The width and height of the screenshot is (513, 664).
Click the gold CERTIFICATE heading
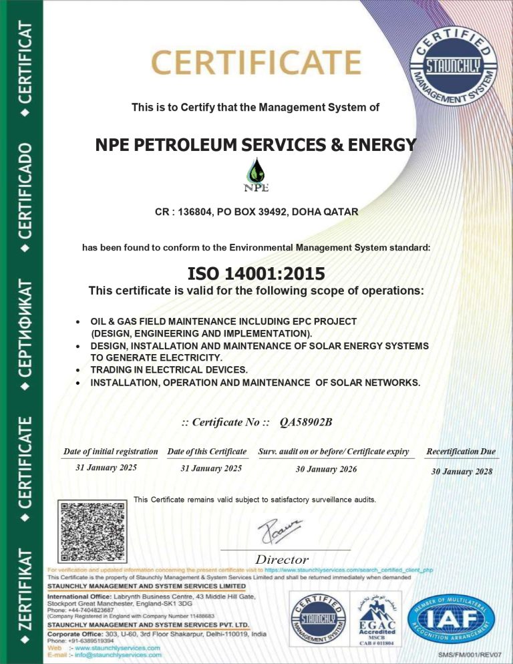(256, 63)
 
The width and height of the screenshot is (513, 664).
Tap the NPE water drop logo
(256, 173)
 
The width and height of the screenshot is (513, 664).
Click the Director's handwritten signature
(281, 530)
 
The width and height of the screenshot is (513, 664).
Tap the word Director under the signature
(282, 559)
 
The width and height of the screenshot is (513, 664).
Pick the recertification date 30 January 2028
(462, 471)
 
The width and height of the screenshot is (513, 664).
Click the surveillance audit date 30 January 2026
(326, 469)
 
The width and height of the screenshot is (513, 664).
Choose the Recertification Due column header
(461, 452)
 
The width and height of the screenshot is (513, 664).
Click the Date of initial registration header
(110, 452)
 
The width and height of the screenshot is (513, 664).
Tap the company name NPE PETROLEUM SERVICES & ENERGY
(256, 144)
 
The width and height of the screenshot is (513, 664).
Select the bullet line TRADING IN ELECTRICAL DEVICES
(169, 369)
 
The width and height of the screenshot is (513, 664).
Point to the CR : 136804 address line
(256, 212)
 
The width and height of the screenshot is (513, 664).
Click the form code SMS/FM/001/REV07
(471, 654)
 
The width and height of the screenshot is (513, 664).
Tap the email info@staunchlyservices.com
(124, 655)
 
